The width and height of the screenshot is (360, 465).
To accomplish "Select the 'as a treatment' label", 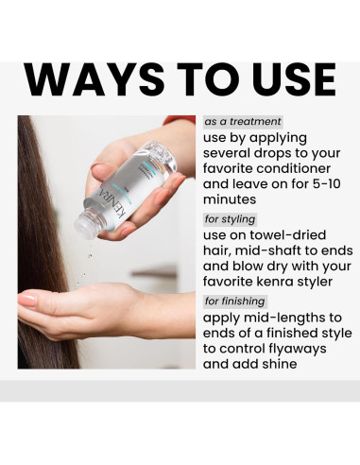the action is pyautogui.click(x=243, y=122).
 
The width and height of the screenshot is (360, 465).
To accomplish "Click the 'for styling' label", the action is pyautogui.click(x=230, y=219).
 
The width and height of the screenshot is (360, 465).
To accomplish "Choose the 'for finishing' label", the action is pyautogui.click(x=235, y=301).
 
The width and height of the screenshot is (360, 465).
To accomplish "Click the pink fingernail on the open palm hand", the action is pyautogui.click(x=27, y=299).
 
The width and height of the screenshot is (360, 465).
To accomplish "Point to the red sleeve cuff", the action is pyautogui.click(x=180, y=119).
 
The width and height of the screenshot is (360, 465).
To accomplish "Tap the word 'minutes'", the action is pyautogui.click(x=230, y=199).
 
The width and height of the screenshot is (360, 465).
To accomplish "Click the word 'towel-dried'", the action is pyautogui.click(x=288, y=235).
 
